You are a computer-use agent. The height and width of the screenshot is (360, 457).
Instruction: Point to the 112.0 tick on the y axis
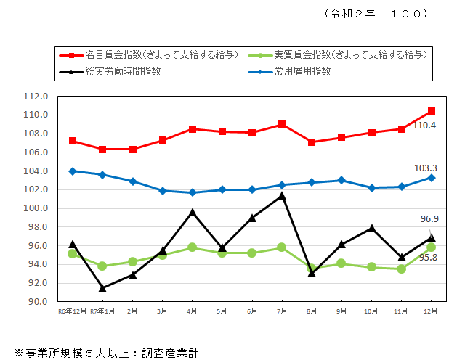36,96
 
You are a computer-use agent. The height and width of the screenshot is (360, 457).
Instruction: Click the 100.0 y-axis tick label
36,208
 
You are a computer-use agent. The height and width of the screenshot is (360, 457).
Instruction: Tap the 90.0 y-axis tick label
37,301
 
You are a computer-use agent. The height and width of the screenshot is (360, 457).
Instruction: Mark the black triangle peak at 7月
281,195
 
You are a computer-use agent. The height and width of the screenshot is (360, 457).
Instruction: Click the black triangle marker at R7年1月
102,288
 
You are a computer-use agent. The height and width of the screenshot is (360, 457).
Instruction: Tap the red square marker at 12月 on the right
431,111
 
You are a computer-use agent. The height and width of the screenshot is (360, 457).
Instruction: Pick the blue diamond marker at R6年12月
73,171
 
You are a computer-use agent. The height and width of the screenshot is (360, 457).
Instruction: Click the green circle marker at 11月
401,269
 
